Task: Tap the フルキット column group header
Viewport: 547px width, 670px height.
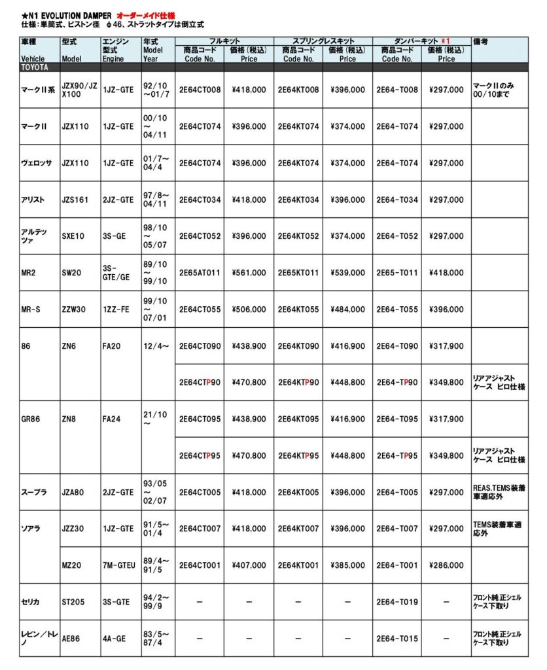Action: (224, 41)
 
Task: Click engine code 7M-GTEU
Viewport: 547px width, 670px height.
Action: (119, 565)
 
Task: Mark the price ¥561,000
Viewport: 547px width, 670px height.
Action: (249, 272)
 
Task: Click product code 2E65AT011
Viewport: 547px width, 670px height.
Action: (200, 272)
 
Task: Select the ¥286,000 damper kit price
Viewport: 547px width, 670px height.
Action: (446, 565)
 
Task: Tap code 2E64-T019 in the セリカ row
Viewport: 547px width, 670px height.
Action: (397, 601)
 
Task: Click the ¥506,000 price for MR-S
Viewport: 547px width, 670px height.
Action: (249, 309)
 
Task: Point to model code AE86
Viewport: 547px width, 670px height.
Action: (71, 638)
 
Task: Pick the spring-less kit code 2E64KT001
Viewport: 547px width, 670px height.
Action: (298, 565)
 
